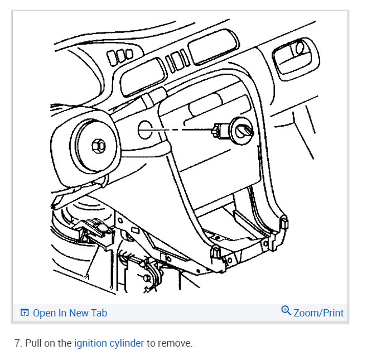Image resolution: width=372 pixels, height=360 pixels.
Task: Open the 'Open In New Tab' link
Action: pyautogui.click(x=70, y=313)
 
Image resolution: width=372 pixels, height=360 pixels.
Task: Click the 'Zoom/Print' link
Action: pyautogui.click(x=318, y=313)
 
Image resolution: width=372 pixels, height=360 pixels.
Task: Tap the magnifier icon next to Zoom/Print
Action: pyautogui.click(x=286, y=311)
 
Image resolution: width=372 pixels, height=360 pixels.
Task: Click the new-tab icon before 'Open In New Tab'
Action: pyautogui.click(x=25, y=313)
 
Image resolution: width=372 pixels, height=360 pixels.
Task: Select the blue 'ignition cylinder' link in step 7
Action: pyautogui.click(x=109, y=343)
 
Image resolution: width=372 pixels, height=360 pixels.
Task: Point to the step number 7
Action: pyautogui.click(x=18, y=343)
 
